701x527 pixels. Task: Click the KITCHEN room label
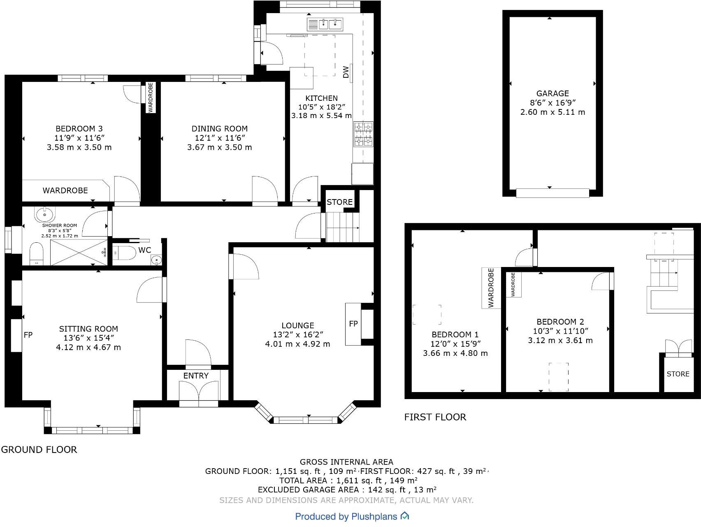(321, 98)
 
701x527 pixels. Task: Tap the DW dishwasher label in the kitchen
(346, 72)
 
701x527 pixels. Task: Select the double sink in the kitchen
(325, 24)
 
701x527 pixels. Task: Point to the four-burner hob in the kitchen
(363, 135)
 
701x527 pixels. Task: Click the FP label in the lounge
(353, 324)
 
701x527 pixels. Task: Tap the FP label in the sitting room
(28, 335)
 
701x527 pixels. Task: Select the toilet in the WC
(124, 252)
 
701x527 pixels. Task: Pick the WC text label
(145, 250)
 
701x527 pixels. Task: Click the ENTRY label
(196, 376)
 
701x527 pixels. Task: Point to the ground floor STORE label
(339, 202)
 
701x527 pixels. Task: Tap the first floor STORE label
(678, 374)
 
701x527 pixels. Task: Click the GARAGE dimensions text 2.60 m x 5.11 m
(552, 112)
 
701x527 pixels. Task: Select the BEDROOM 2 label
(560, 322)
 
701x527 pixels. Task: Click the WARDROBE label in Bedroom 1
(491, 288)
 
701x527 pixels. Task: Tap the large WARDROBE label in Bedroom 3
(65, 190)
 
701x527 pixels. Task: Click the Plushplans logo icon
(405, 515)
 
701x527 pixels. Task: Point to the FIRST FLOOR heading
(435, 417)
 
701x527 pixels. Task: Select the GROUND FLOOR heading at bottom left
(39, 450)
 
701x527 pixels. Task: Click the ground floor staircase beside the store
(343, 227)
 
